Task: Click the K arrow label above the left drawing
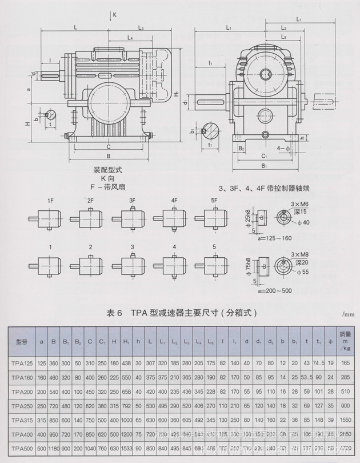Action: [115, 13]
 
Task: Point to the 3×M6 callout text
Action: [299, 204]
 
